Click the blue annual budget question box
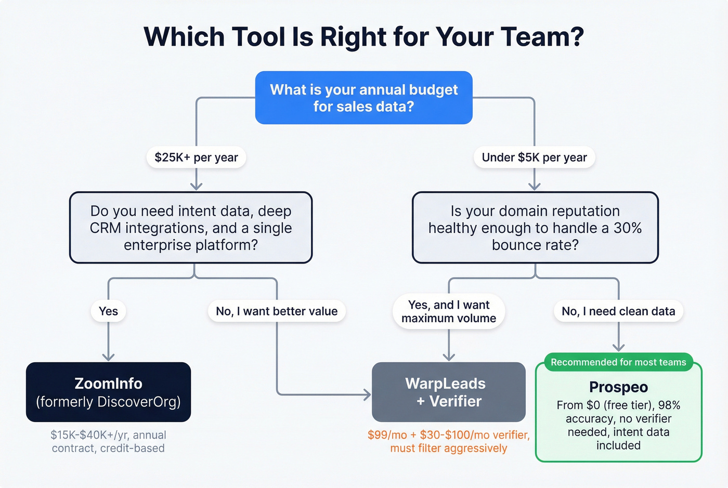pos(363,98)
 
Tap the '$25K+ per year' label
pos(196,157)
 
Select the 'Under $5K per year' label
pos(534,157)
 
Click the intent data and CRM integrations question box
pos(191,228)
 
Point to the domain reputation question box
pos(535,228)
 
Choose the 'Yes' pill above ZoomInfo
pos(108,311)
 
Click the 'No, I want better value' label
pos(277,311)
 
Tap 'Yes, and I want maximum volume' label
pos(449,311)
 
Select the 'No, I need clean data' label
pos(618,311)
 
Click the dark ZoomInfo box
pos(108,392)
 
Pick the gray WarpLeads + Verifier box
pos(449,392)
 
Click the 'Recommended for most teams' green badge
pos(618,362)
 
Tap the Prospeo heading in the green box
pos(618,387)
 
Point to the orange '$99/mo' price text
pos(387,435)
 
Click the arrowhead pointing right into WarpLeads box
pos(368,395)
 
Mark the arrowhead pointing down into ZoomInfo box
pos(108,357)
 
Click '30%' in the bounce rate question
pos(627,228)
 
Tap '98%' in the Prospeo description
pos(669,405)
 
